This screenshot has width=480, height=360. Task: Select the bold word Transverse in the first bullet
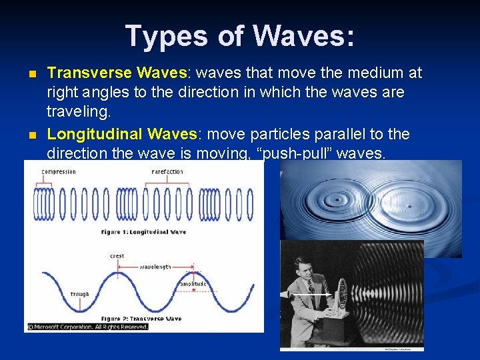tap(90, 73)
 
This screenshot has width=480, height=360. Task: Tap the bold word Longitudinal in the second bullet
tap(95, 134)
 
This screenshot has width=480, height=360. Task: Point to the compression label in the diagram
tap(59, 172)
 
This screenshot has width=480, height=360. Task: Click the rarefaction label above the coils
tap(168, 172)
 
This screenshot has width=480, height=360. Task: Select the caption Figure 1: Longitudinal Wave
tap(144, 232)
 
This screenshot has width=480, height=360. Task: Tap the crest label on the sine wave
tap(117, 256)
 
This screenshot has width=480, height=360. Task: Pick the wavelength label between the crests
tap(155, 267)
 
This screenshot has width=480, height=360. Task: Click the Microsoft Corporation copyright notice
tap(87, 327)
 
